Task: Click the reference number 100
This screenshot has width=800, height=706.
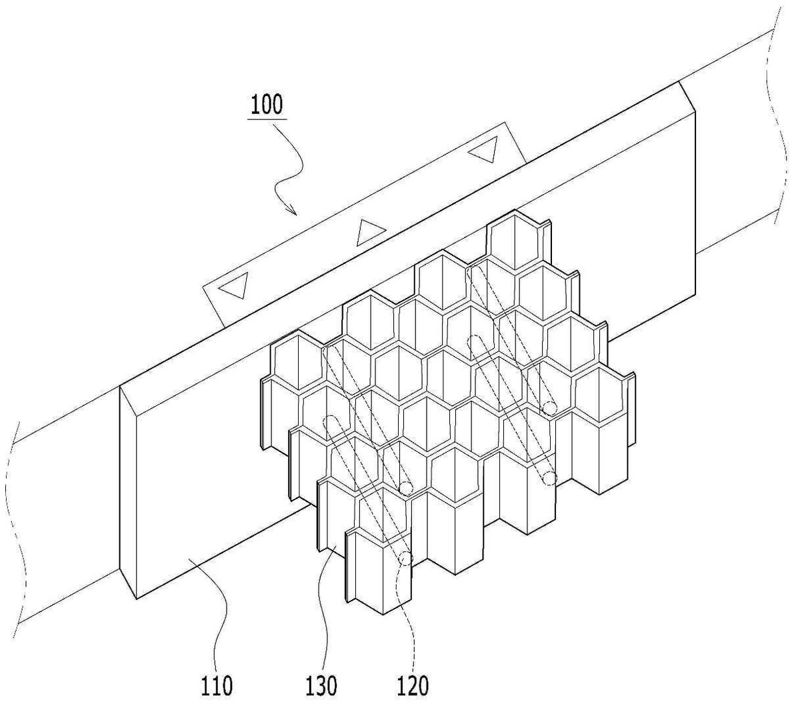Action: tap(267, 105)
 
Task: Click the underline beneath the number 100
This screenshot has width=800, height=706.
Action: tap(267, 119)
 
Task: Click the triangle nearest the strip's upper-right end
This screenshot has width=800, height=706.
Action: tap(483, 149)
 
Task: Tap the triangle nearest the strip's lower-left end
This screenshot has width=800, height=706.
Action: tap(235, 285)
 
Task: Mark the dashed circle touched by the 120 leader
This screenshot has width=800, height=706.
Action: tap(405, 559)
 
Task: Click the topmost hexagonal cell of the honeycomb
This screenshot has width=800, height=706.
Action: tap(514, 241)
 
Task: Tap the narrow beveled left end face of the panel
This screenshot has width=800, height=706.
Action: tap(128, 491)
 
